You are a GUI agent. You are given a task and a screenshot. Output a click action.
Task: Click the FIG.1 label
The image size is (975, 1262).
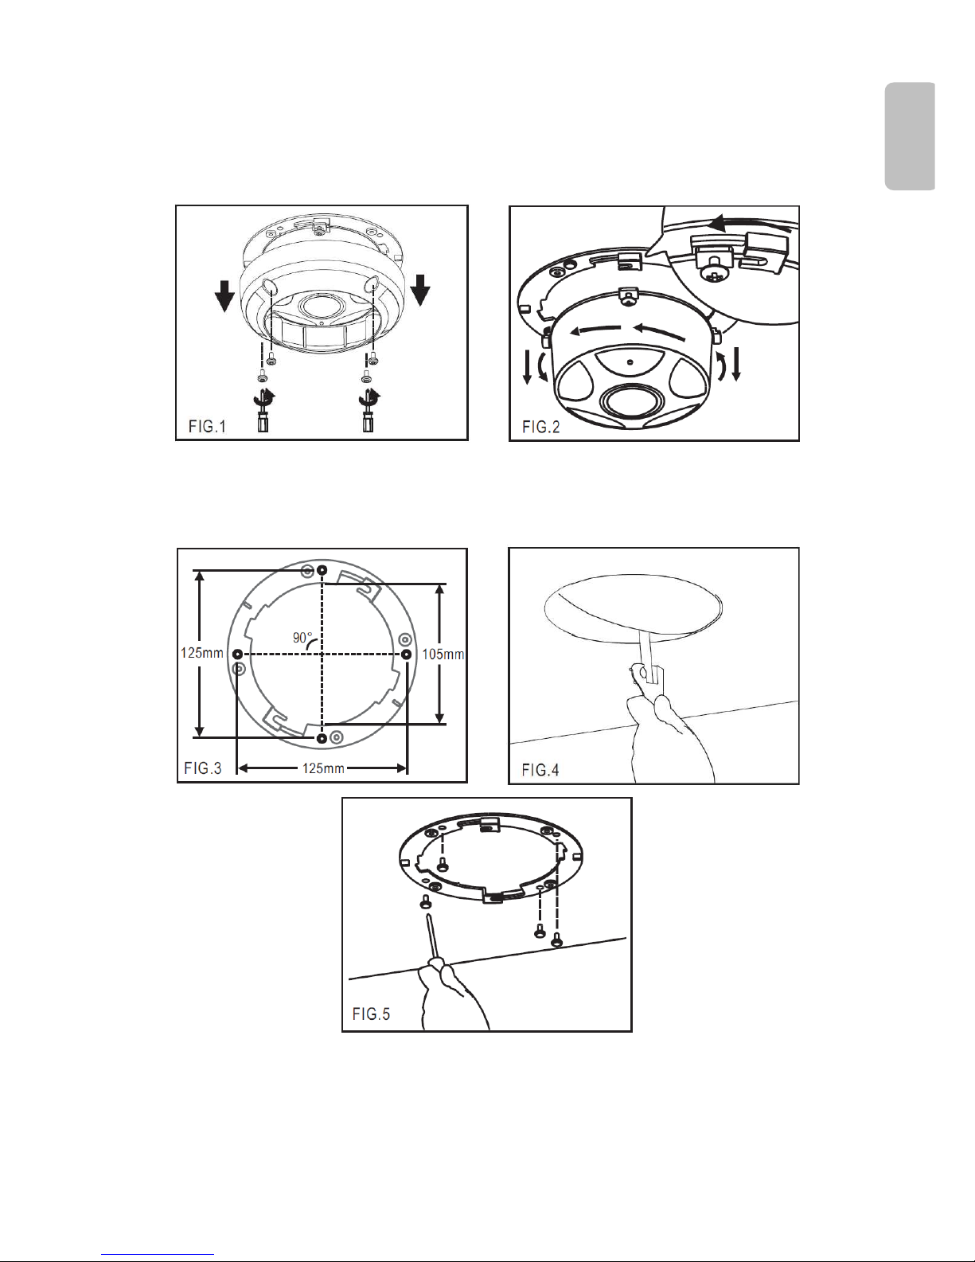[207, 426]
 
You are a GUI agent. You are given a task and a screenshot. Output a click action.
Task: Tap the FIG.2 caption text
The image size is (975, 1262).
[541, 427]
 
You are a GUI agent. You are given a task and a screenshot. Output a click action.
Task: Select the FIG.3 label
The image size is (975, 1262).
[202, 768]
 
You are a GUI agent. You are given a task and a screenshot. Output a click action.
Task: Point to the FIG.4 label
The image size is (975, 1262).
[540, 770]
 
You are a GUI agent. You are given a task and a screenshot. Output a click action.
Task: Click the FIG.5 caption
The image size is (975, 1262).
[371, 1014]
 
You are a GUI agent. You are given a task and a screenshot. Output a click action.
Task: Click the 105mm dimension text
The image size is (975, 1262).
[443, 654]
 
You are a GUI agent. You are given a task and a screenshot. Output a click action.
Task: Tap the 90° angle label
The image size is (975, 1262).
[302, 638]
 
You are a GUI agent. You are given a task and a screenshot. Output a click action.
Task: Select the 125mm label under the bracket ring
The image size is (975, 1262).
[323, 768]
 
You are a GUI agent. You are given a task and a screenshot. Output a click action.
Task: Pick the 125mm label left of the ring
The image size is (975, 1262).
[201, 653]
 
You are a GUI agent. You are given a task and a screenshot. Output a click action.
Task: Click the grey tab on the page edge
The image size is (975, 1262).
[910, 136]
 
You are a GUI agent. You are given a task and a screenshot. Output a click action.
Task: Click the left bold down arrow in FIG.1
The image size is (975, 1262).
[224, 296]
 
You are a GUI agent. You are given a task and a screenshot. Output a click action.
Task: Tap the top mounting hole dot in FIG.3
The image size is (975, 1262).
[322, 570]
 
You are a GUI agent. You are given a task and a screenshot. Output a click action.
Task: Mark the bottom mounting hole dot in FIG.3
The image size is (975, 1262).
[322, 738]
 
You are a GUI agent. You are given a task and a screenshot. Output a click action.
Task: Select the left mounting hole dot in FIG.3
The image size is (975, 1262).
[237, 654]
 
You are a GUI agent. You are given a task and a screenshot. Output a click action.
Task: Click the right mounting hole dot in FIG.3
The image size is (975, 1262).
[407, 654]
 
